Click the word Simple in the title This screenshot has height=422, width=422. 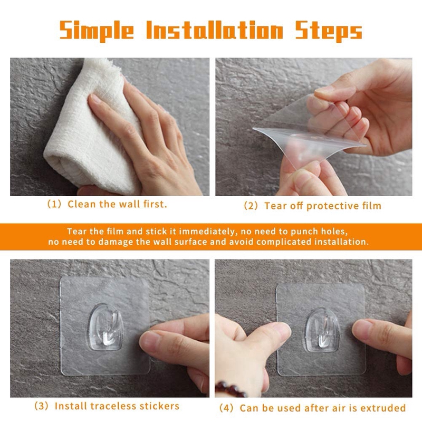click(97, 31)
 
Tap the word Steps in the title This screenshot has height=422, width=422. click(329, 31)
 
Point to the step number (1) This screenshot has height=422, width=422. click(54, 204)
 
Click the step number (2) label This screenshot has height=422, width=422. click(251, 206)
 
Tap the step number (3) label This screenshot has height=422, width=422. click(42, 406)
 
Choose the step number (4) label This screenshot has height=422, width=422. click(226, 408)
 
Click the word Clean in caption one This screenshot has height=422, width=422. click(82, 204)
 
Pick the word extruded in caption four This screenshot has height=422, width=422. click(383, 408)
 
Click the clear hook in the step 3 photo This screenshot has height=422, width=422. click(106, 327)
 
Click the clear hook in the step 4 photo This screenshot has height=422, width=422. click(322, 330)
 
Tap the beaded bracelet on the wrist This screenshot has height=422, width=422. click(230, 389)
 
